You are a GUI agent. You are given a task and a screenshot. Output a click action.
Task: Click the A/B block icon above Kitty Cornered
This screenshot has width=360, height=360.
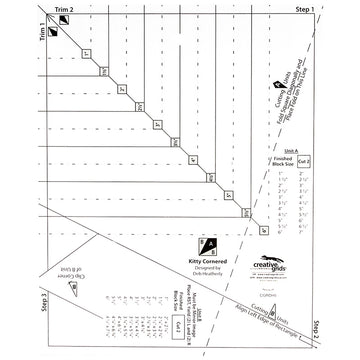pos(208,245)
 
